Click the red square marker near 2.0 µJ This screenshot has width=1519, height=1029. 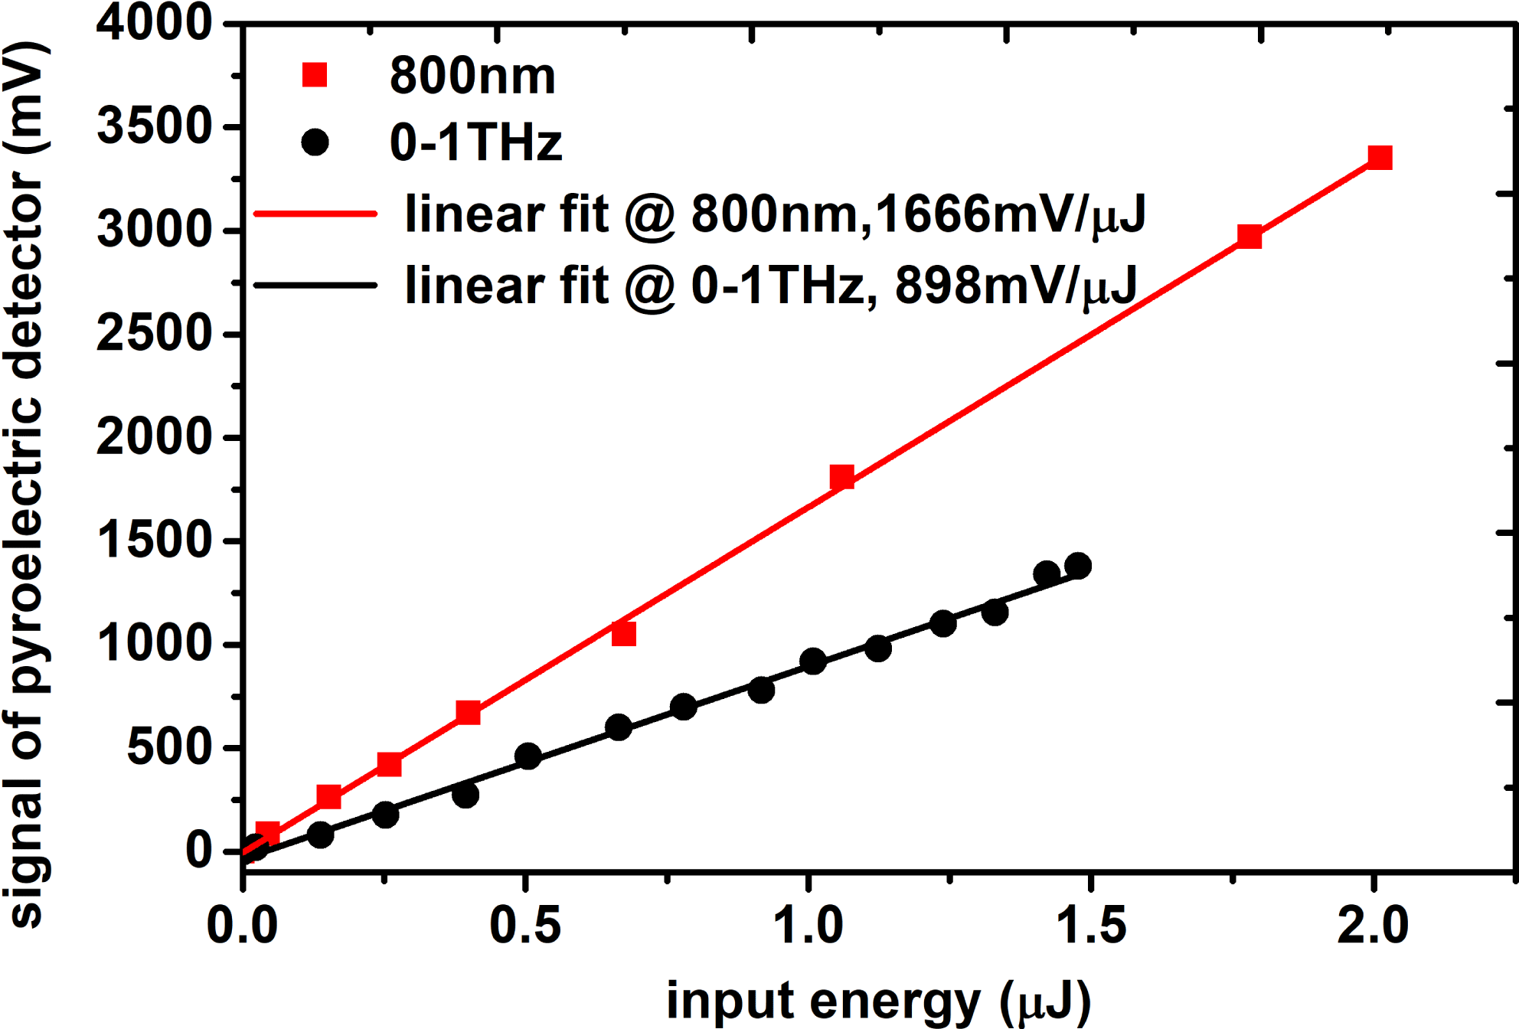[x=1380, y=158]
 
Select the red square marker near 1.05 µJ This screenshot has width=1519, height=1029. [x=841, y=477]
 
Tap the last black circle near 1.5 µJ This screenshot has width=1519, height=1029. [x=1078, y=566]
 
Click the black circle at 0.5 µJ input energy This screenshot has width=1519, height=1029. [x=528, y=756]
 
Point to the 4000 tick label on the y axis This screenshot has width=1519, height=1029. [x=154, y=23]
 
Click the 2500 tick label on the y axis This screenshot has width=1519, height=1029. [x=154, y=334]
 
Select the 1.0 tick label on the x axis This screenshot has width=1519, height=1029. [x=808, y=925]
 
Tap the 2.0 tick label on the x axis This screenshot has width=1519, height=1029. [x=1374, y=925]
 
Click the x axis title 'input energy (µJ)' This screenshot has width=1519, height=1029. [x=878, y=1001]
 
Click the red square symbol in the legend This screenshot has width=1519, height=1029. [x=315, y=75]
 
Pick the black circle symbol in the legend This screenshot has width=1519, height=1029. [x=315, y=142]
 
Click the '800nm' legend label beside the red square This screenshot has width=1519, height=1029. [x=472, y=76]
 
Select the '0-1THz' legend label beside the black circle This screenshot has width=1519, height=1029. [x=475, y=142]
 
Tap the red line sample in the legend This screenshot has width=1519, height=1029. [x=315, y=214]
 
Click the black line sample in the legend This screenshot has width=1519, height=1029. [x=315, y=286]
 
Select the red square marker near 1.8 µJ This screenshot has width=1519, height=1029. [x=1249, y=237]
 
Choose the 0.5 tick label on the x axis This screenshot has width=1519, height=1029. [x=524, y=925]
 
